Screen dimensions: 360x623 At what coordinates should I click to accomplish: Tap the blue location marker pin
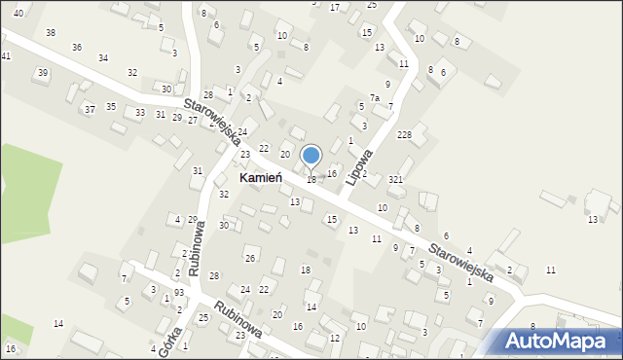point(311,157)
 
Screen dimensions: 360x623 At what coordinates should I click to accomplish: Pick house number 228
point(404,134)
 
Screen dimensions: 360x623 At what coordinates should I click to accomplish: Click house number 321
point(395,179)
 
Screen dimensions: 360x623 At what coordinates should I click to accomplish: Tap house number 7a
point(374,98)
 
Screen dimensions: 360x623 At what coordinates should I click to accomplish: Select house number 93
point(179,293)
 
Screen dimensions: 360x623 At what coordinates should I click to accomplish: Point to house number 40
point(18,11)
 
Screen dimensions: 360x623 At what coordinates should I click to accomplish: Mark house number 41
point(6,55)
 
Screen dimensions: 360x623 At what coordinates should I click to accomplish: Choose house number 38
point(51,32)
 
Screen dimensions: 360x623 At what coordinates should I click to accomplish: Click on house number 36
point(77,47)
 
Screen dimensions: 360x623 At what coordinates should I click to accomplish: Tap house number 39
point(42,73)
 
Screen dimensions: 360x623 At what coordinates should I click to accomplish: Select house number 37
point(89,109)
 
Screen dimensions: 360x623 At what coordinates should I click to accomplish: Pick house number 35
point(111,106)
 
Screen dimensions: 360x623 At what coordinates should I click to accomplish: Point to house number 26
point(250,258)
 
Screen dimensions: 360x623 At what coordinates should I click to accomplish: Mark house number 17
point(335,7)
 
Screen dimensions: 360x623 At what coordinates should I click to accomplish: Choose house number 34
point(103,57)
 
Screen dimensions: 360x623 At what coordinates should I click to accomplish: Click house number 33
point(140,113)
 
